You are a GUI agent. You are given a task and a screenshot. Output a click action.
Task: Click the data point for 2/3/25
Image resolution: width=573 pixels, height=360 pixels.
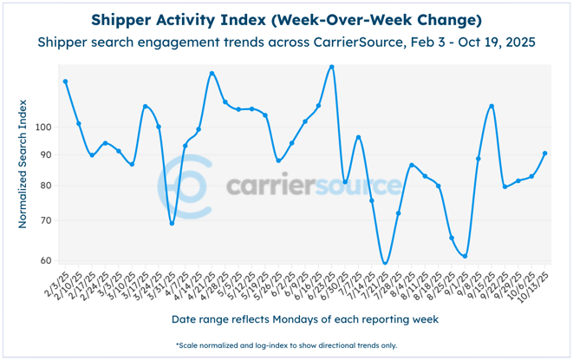coord(66,82)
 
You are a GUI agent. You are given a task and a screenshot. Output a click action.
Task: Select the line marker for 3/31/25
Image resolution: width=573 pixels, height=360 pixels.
coord(172,224)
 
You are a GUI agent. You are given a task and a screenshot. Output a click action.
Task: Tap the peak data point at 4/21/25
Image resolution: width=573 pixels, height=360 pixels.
coord(212,74)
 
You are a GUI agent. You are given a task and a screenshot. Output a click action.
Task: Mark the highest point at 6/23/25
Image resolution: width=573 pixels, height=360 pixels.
coord(332,67)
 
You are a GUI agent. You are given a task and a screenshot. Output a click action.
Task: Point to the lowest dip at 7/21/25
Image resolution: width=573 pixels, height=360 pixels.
coord(385,263)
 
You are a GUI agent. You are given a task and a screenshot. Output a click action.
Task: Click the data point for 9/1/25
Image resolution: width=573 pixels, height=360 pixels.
coord(465,256)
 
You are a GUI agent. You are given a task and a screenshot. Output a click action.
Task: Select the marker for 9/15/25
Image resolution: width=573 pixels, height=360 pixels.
coord(492,107)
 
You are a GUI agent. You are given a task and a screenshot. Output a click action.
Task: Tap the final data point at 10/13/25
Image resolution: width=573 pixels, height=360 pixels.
coord(544,154)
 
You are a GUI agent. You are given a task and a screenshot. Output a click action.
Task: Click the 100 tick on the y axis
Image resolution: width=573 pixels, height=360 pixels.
coord(44,127)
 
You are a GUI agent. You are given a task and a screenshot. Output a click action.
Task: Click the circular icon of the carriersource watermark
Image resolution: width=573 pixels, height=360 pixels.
coord(186,186)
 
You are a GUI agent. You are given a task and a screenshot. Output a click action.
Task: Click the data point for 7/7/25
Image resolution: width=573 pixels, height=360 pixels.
coord(358,138)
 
